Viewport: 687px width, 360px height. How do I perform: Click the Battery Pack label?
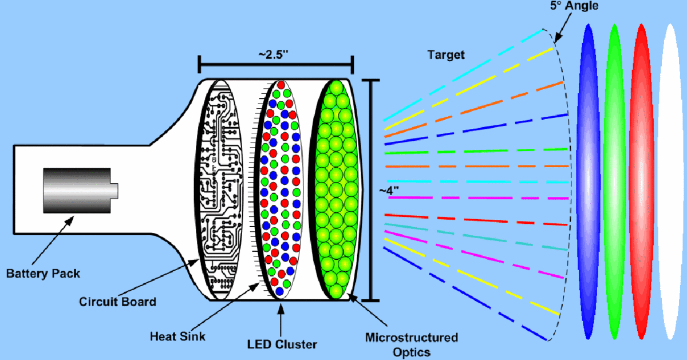pyautogui.click(x=43, y=274)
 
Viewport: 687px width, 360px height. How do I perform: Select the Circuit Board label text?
pyautogui.click(x=117, y=301)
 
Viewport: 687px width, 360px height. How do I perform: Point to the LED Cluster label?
pyautogui.click(x=281, y=344)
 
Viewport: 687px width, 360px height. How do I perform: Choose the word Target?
pyautogui.click(x=446, y=56)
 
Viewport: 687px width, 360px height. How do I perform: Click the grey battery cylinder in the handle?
pyautogui.click(x=77, y=189)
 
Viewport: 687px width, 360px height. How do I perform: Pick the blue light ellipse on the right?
pyautogui.click(x=589, y=182)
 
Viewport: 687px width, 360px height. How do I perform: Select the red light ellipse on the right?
pyautogui.click(x=641, y=182)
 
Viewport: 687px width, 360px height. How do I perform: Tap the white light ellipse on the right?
pyautogui.click(x=670, y=182)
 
